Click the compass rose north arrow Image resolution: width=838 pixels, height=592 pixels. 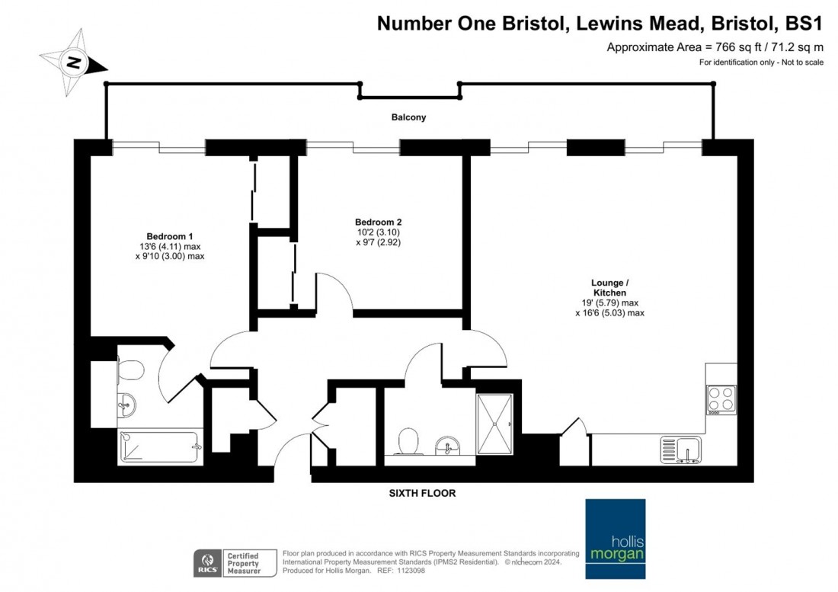[x=74, y=62]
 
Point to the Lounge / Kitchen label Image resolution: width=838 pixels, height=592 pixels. [x=609, y=287]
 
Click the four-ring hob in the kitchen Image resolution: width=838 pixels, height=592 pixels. [x=721, y=398]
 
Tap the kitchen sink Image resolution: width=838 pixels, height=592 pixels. [x=681, y=450]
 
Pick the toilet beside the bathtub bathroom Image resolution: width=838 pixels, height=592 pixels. [x=131, y=371]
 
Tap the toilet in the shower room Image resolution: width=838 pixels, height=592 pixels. [x=408, y=442]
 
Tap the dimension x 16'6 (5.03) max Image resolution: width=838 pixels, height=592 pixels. [x=609, y=312]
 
